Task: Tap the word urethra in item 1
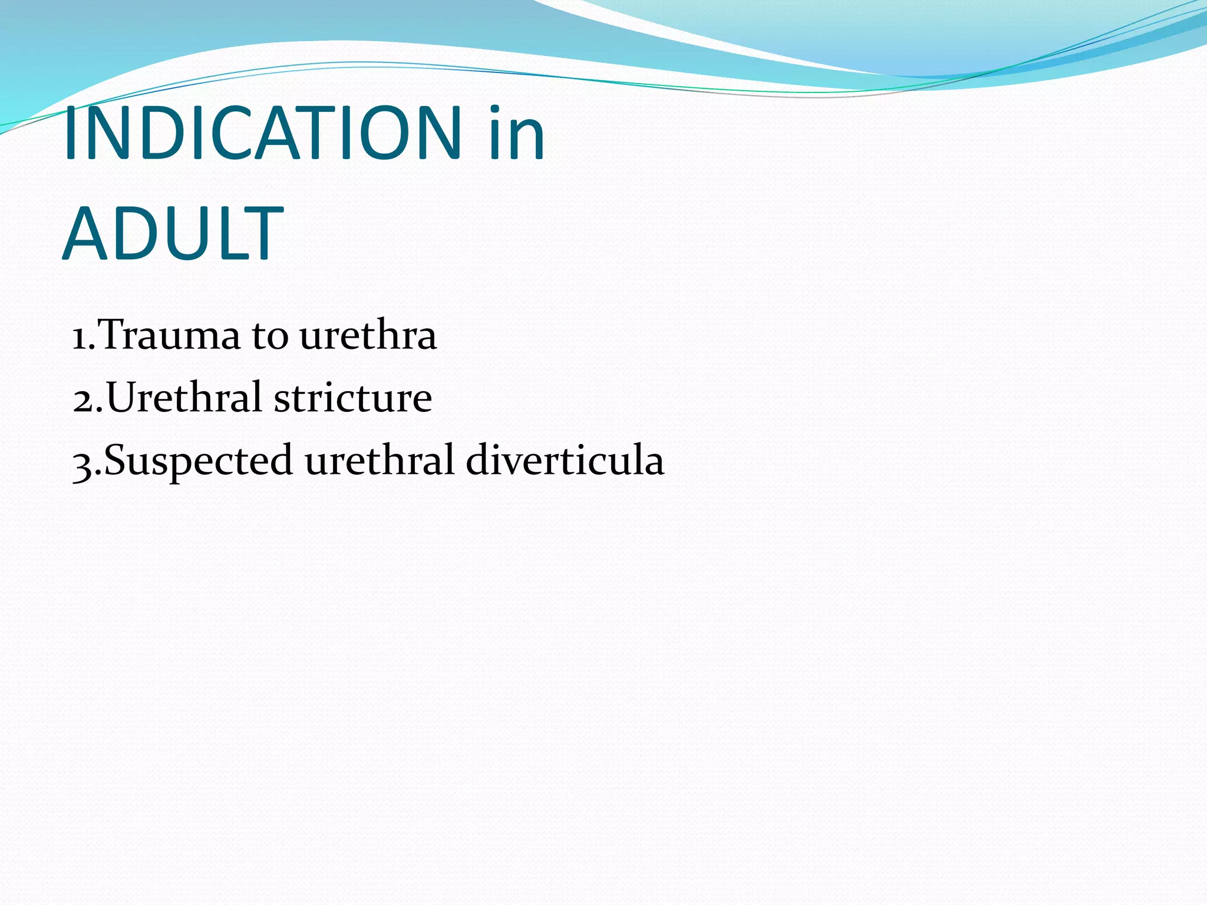[368, 335]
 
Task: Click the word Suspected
[198, 460]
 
